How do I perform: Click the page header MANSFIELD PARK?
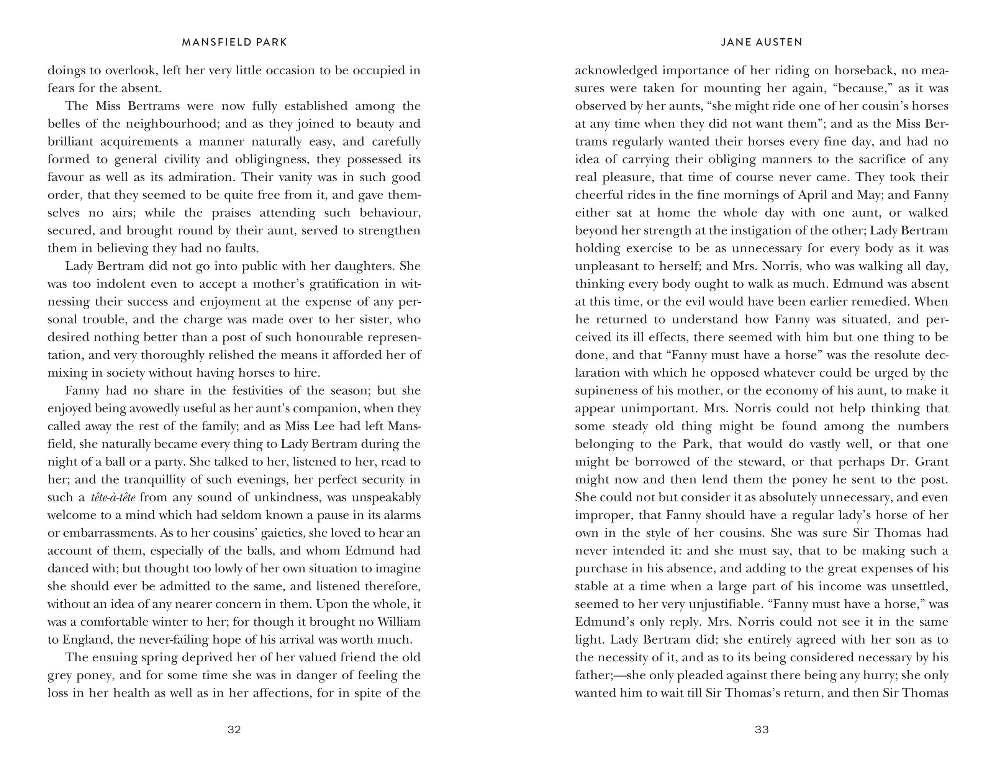click(x=234, y=43)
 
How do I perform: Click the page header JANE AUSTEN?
click(x=762, y=43)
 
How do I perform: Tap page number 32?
click(x=234, y=729)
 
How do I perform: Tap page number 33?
click(x=762, y=729)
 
